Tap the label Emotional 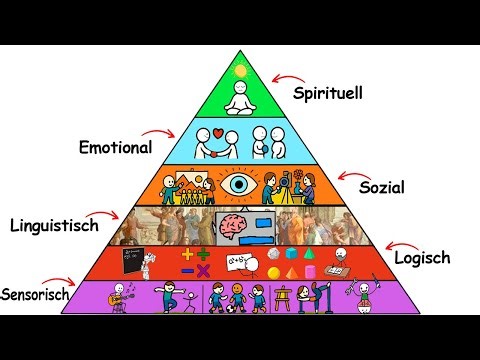pyautogui.click(x=115, y=147)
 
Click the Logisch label pyautogui.click(x=421, y=257)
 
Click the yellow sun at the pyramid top pyautogui.click(x=239, y=71)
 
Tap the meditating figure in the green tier pyautogui.click(x=239, y=98)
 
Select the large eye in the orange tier pyautogui.click(x=238, y=184)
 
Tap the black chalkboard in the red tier pyautogui.click(x=130, y=260)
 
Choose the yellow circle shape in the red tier pyautogui.click(x=273, y=272)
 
